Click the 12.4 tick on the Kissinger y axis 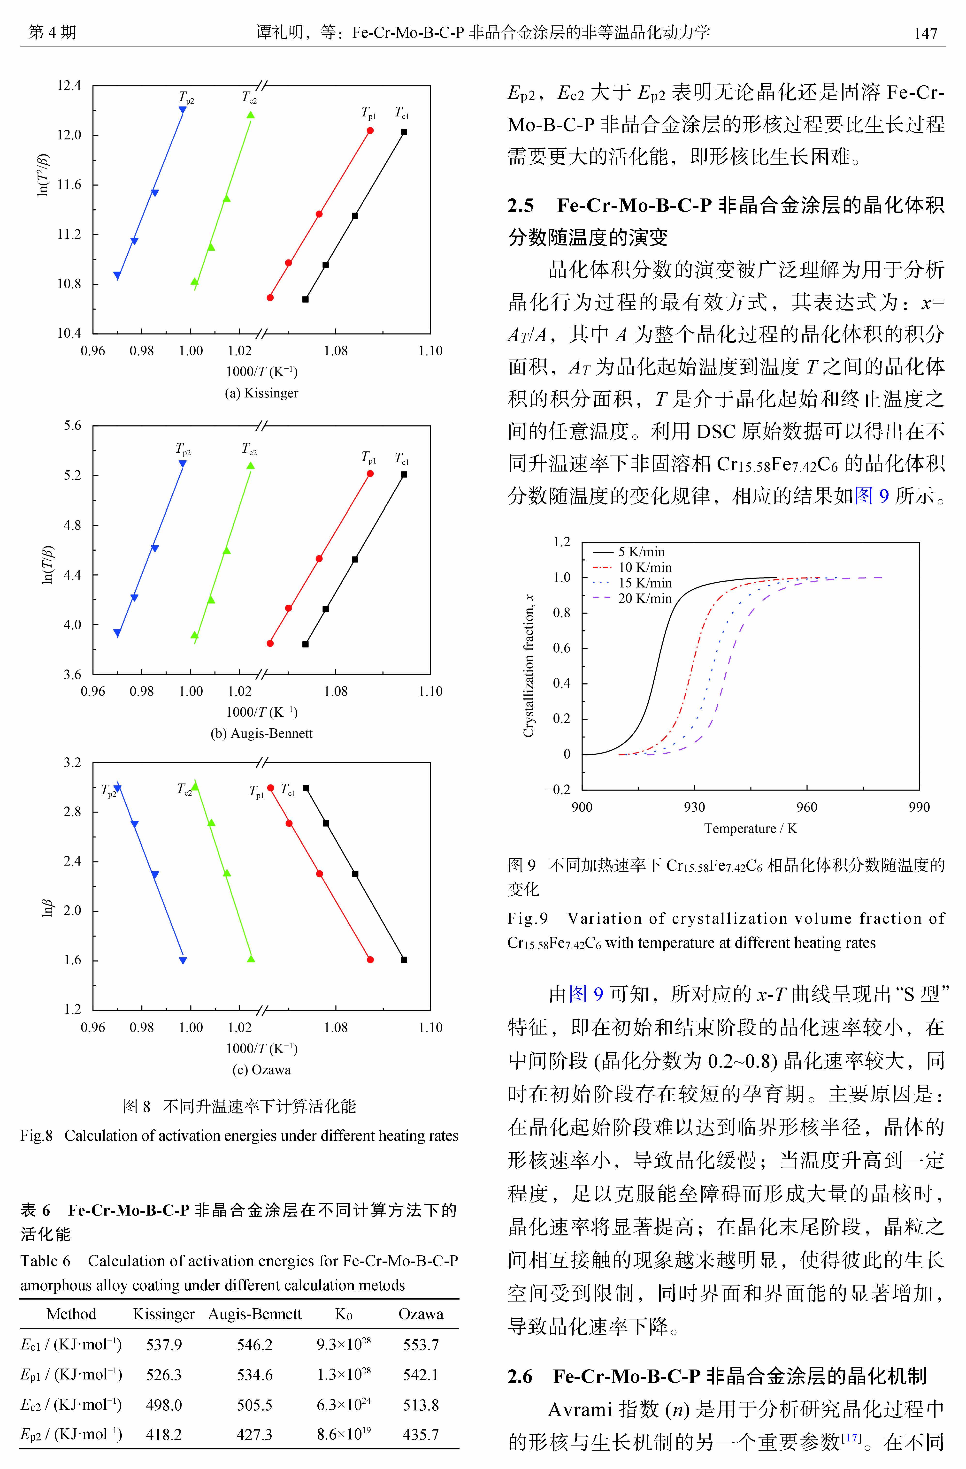[69, 86]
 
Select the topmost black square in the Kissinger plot [404, 132]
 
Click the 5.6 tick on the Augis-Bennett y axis [72, 426]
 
